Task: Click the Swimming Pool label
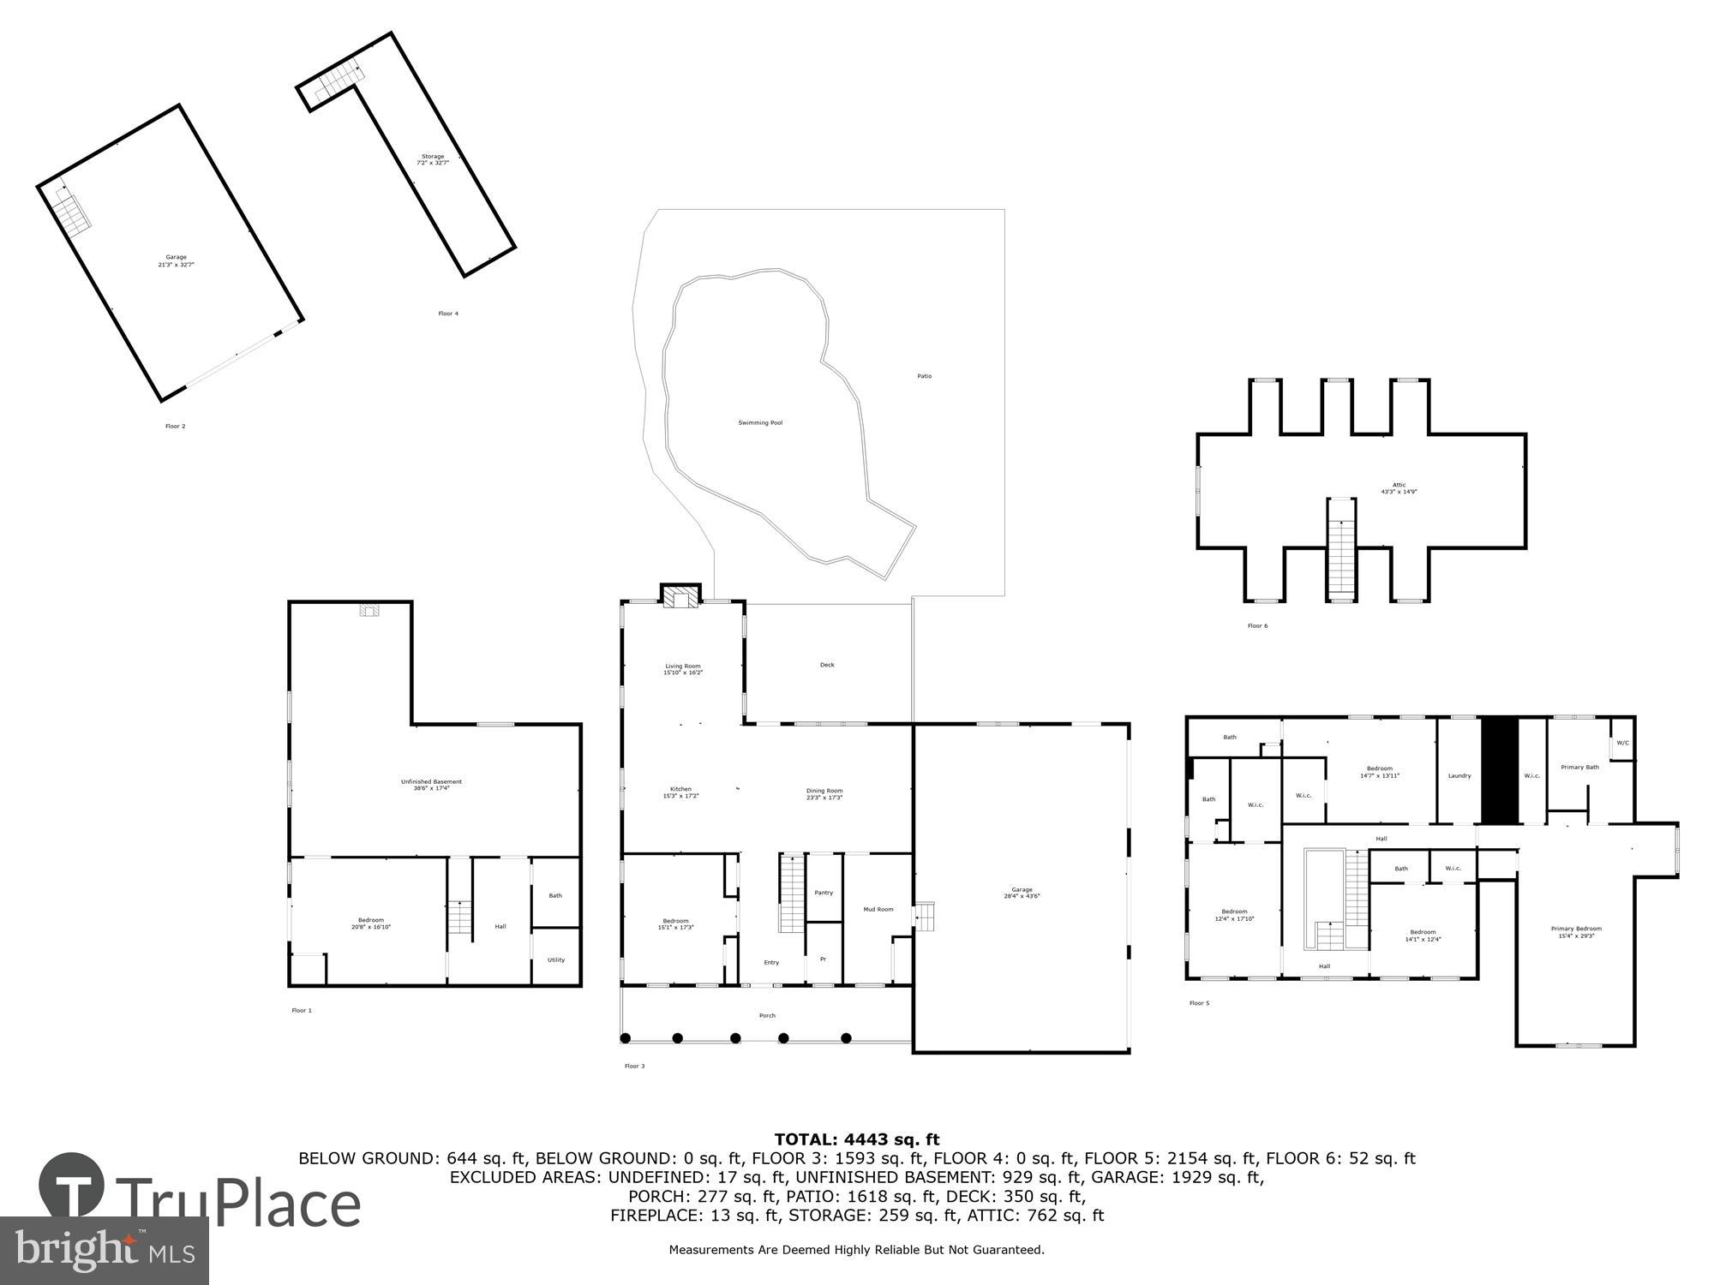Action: [760, 422]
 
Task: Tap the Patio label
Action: [924, 376]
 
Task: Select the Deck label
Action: [827, 665]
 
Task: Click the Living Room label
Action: [683, 669]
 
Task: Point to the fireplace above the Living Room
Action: [680, 597]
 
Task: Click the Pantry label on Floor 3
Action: [823, 893]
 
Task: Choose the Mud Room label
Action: [878, 909]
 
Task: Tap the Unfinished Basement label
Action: [431, 785]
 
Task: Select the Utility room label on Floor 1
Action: [556, 959]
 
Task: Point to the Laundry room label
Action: [1459, 775]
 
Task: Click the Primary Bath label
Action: [1579, 767]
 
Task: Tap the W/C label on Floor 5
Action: [1622, 743]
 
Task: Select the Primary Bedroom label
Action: [1576, 932]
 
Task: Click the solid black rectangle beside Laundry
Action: [1500, 771]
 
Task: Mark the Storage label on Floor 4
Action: [433, 159]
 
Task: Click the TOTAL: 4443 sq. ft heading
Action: [857, 1139]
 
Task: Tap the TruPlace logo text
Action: [238, 1204]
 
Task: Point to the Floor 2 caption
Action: [175, 426]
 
